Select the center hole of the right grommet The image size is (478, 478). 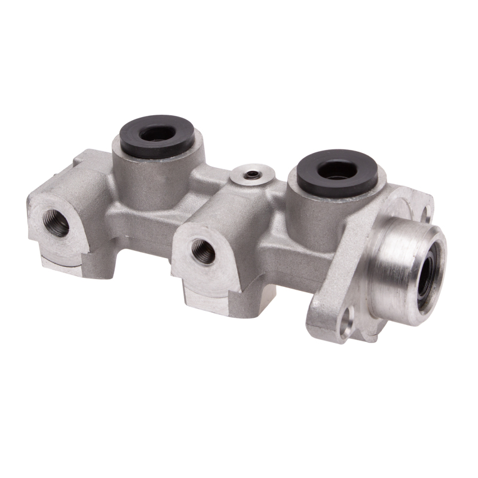coord(337,169)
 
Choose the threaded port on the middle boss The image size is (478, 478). coord(203,251)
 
